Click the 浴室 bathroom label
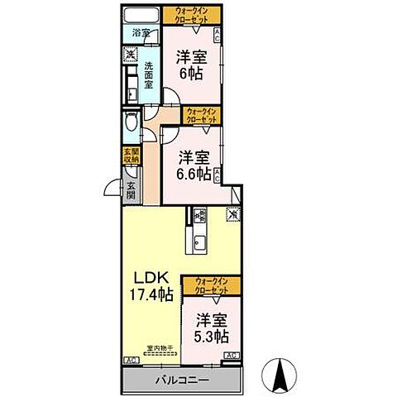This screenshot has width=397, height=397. click(x=141, y=33)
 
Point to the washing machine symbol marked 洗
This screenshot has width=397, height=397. click(x=130, y=55)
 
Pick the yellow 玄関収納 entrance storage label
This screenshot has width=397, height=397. click(x=132, y=156)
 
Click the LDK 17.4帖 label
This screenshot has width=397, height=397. click(x=148, y=285)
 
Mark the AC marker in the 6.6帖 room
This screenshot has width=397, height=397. click(x=217, y=175)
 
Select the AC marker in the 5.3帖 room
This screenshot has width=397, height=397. click(x=232, y=356)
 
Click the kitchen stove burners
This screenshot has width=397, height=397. click(x=200, y=216)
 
